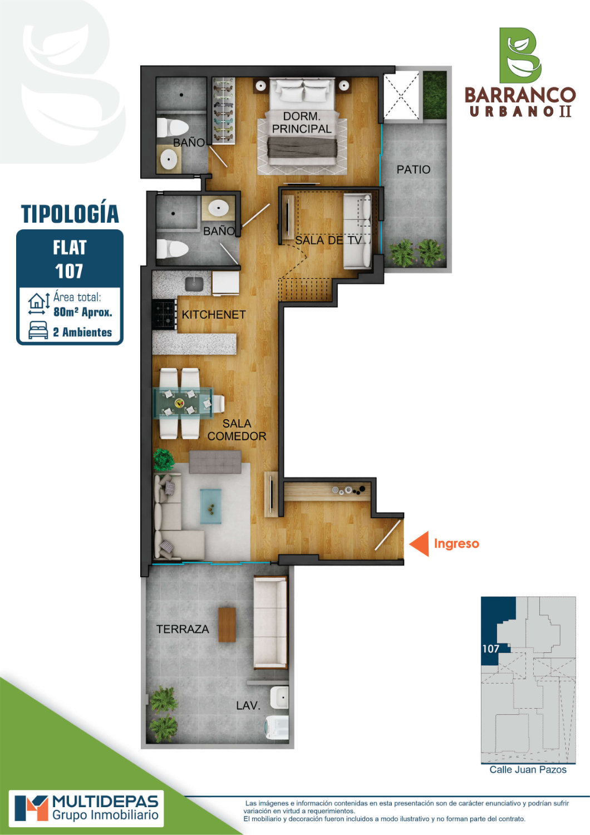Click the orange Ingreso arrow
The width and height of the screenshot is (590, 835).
(419, 543)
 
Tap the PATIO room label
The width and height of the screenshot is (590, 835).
(414, 170)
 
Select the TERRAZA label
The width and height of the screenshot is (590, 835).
(183, 629)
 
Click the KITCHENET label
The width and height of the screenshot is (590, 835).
(214, 315)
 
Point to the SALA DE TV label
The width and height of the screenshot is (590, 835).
(328, 240)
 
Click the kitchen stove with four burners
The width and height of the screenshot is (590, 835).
(164, 315)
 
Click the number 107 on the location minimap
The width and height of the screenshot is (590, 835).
(490, 649)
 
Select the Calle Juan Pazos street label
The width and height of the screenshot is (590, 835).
(528, 770)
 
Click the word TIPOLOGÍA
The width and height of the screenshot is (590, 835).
(70, 214)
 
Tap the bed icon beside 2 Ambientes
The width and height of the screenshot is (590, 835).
(38, 330)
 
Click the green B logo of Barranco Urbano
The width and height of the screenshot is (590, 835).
(520, 55)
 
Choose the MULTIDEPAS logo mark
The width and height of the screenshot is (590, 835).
(31, 808)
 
